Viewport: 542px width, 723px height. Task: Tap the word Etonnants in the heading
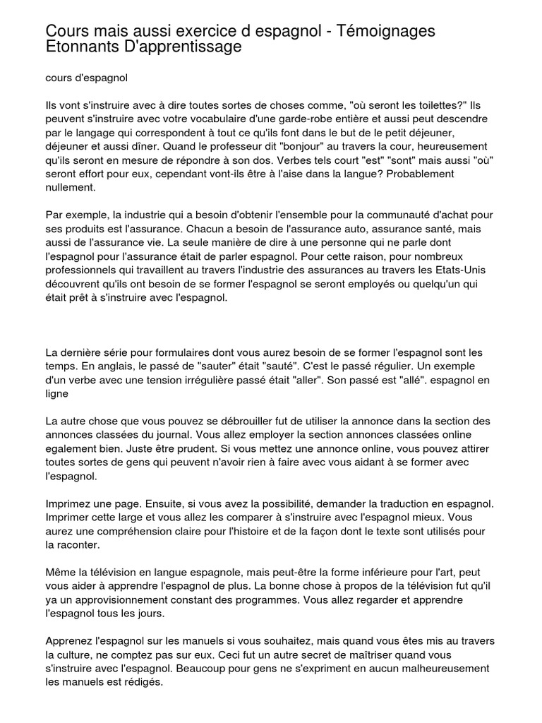tap(80, 48)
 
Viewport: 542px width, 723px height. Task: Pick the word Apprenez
tap(73, 640)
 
